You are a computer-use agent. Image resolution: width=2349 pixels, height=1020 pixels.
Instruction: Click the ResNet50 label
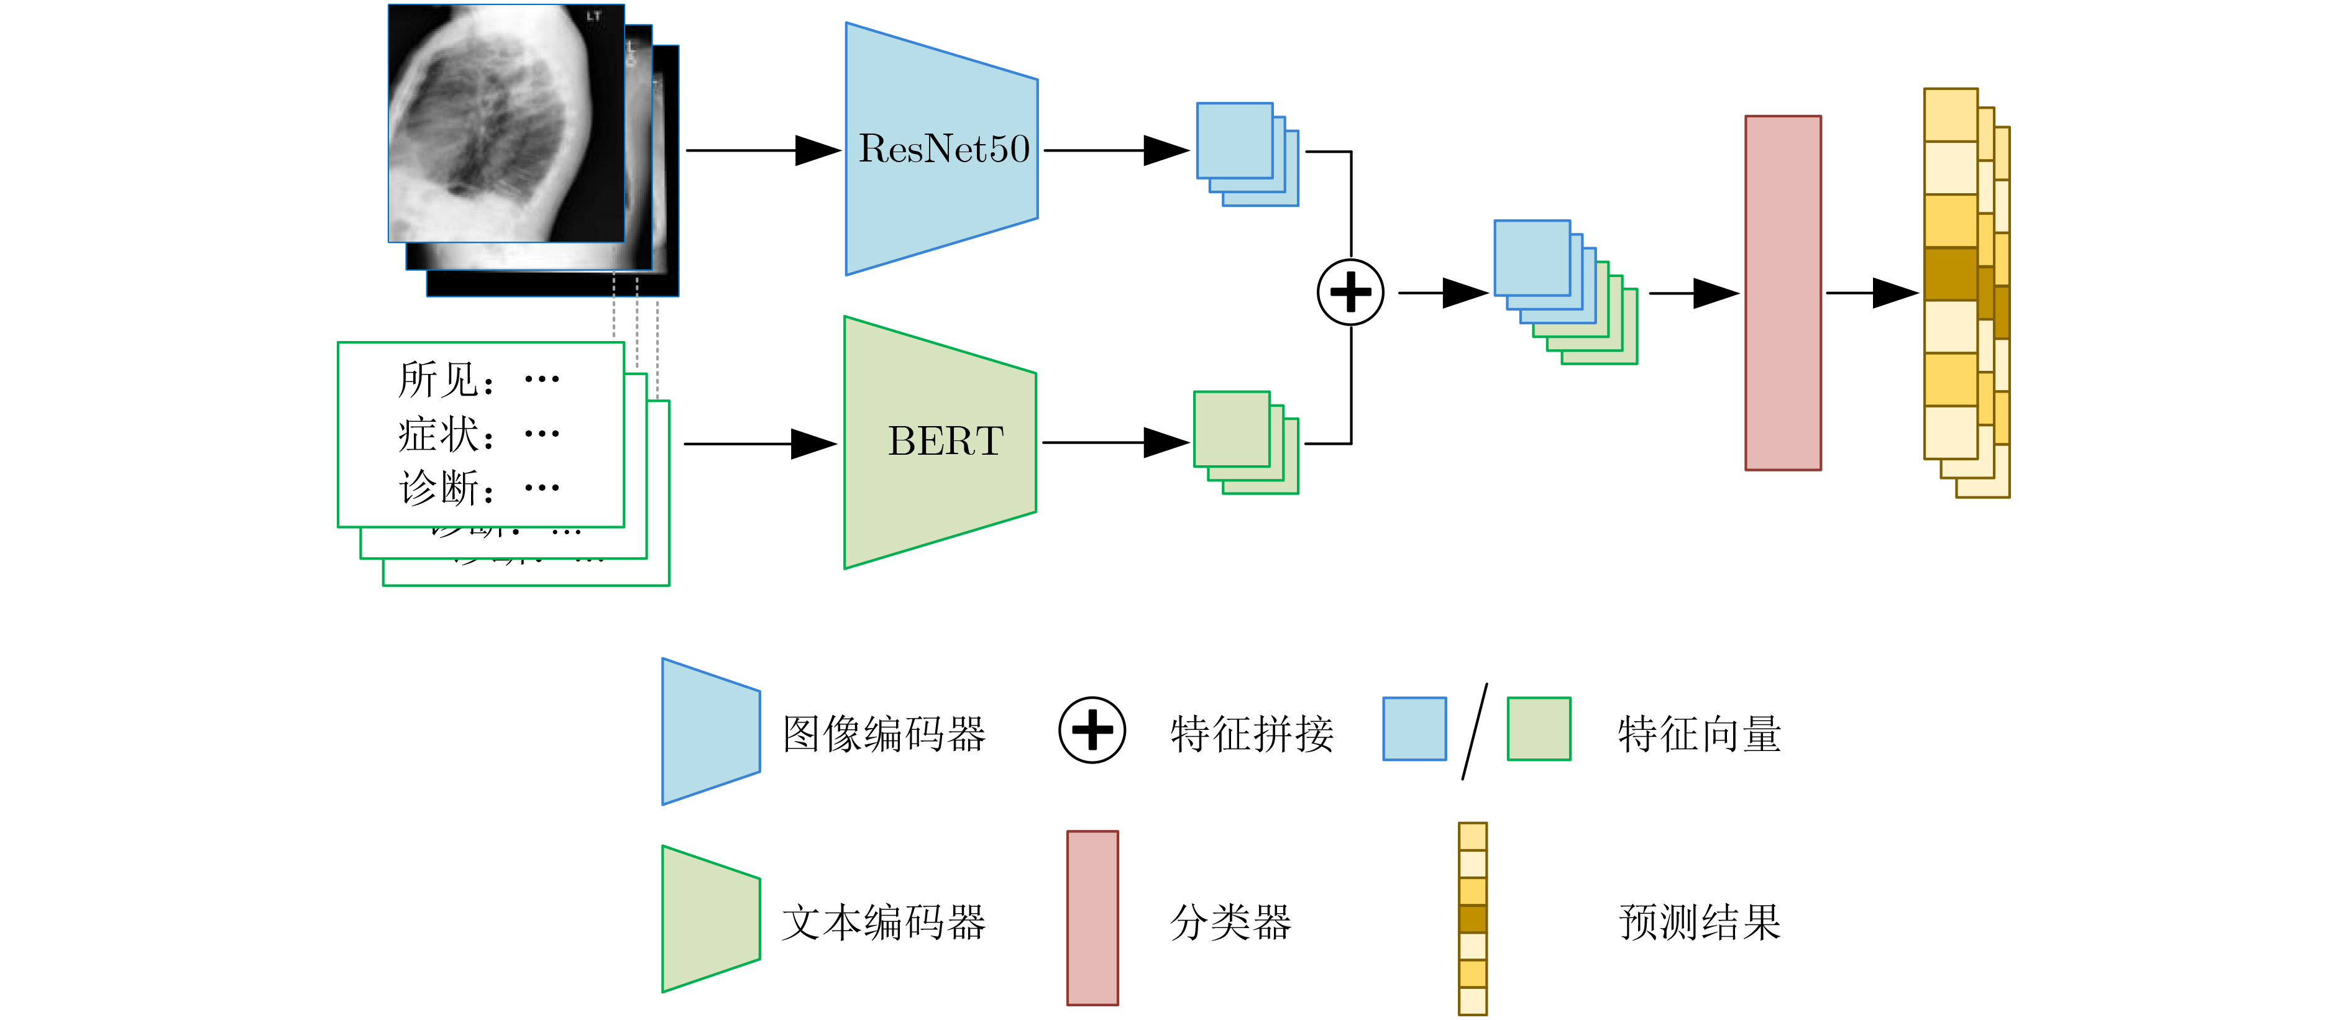tap(944, 148)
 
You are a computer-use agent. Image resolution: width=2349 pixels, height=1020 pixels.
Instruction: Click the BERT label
tap(946, 441)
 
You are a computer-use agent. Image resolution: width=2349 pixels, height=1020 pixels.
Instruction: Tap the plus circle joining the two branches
tap(1350, 293)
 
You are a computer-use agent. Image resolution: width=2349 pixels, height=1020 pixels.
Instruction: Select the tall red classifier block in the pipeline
tap(1783, 293)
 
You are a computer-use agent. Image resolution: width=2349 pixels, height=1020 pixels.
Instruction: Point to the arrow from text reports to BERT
tap(759, 444)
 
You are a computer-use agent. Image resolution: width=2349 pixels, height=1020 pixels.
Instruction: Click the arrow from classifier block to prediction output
tap(1871, 293)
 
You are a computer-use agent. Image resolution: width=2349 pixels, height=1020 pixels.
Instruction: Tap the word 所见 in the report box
tap(437, 379)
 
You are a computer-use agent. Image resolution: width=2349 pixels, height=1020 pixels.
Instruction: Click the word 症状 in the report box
tap(437, 434)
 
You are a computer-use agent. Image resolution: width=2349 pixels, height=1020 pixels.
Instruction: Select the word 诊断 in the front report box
tap(437, 488)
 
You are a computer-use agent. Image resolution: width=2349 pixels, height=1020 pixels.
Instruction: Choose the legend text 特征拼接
tap(1251, 734)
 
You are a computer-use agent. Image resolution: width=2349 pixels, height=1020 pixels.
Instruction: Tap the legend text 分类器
tap(1230, 922)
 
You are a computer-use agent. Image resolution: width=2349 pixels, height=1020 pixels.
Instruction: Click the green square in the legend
tap(1538, 728)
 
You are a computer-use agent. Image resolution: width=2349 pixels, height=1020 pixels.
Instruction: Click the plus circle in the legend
tap(1091, 730)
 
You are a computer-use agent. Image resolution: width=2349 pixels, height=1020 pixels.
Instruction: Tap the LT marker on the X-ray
tap(593, 16)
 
